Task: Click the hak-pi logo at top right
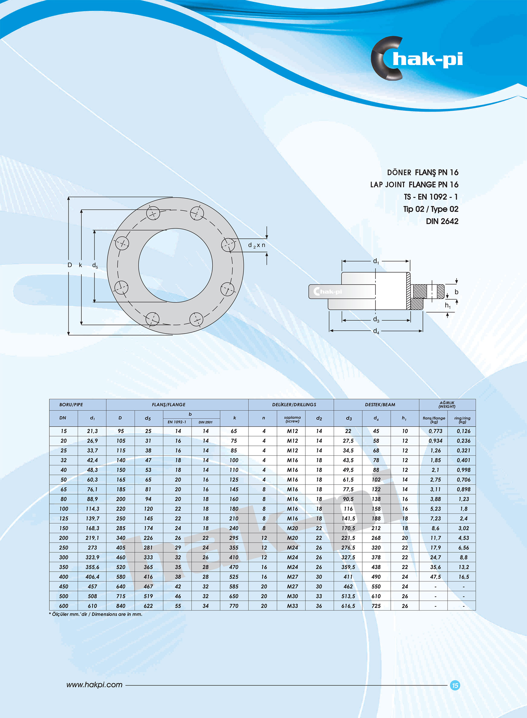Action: pyautogui.click(x=416, y=59)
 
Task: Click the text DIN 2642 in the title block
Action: pyautogui.click(x=442, y=221)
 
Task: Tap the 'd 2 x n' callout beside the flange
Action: pyautogui.click(x=257, y=245)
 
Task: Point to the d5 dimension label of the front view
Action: pyautogui.click(x=95, y=265)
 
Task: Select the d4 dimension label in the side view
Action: pyautogui.click(x=376, y=331)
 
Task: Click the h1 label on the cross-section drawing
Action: pyautogui.click(x=447, y=306)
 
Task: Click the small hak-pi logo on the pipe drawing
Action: pyautogui.click(x=328, y=292)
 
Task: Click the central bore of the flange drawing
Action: pyautogui.click(x=176, y=265)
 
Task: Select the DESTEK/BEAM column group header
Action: pyautogui.click(x=380, y=404)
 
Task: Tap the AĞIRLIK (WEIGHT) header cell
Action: pyautogui.click(x=447, y=404)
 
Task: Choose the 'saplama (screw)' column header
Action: pyautogui.click(x=292, y=419)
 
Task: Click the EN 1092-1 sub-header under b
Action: pyautogui.click(x=177, y=422)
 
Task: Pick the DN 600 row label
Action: pyautogui.click(x=64, y=606)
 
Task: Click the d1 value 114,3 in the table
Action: pyautogui.click(x=92, y=509)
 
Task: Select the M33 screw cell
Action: pyautogui.click(x=292, y=606)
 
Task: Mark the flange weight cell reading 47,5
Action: pyautogui.click(x=435, y=577)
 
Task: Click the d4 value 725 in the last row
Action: pyautogui.click(x=376, y=606)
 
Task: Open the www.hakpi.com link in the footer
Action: pyautogui.click(x=95, y=685)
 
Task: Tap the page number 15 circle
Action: pyautogui.click(x=455, y=685)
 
